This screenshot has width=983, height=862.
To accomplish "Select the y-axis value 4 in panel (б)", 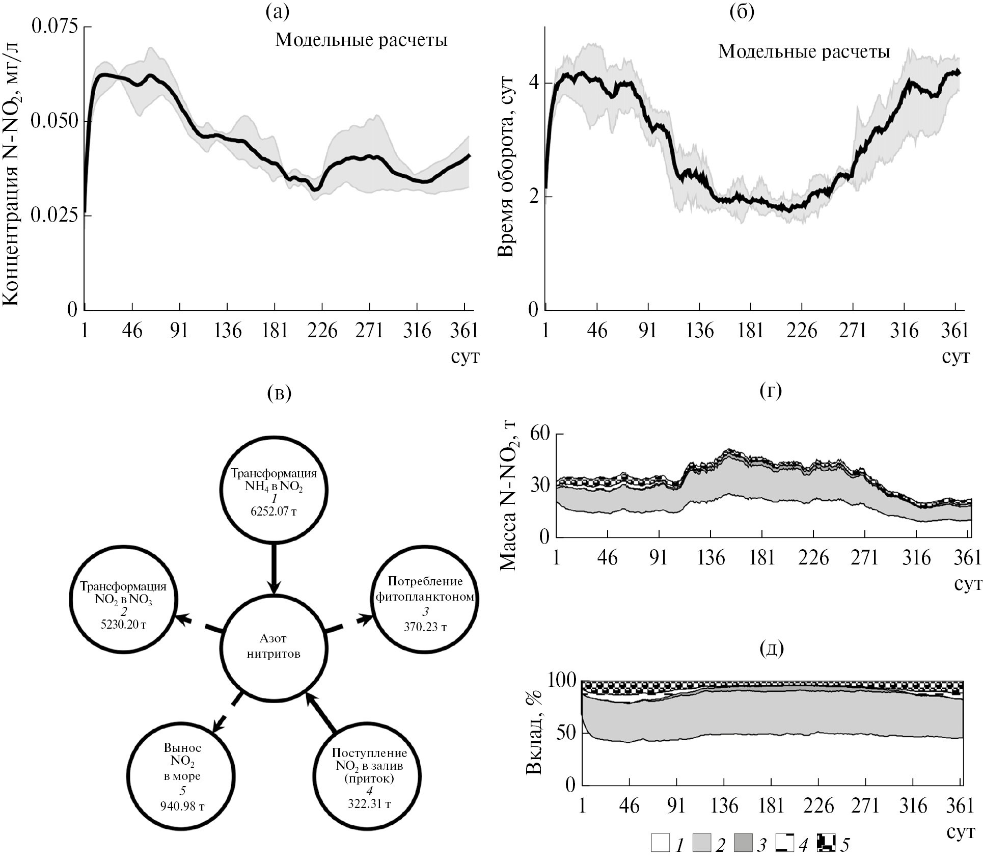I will (533, 83).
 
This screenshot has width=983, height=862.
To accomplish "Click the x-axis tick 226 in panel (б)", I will (802, 331).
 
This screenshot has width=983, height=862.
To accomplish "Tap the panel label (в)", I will (279, 393).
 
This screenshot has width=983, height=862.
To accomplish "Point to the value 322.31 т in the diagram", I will (369, 804).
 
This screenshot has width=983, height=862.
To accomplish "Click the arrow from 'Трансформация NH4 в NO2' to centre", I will (274, 567).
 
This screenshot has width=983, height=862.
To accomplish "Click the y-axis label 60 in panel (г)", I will (540, 434).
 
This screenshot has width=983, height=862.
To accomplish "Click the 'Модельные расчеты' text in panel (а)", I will (361, 40).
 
